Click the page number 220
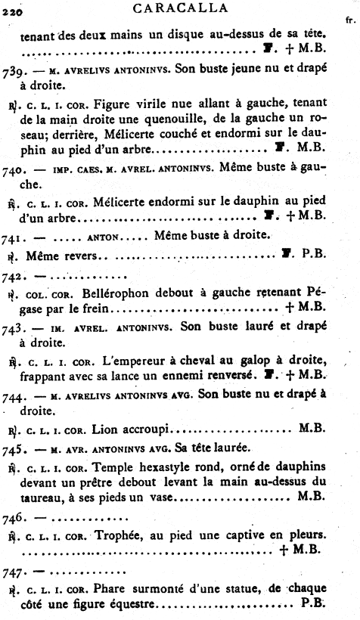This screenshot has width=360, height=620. coord(14,12)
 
